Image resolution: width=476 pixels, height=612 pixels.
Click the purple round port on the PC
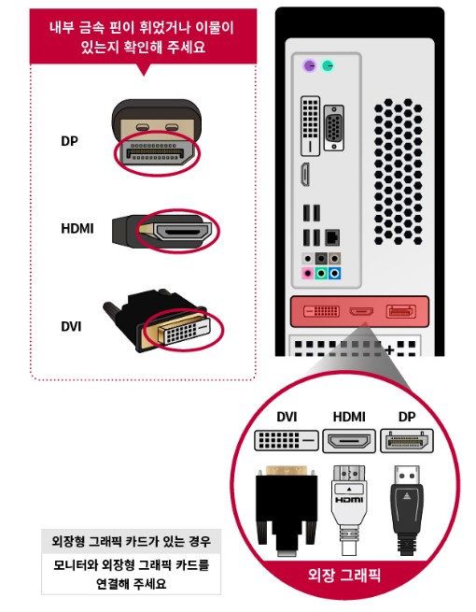(310, 65)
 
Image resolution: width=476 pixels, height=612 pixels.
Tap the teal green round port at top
(329, 65)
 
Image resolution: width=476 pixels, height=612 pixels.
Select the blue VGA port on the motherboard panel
(333, 128)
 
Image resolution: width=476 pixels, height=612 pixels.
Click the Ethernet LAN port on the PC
(332, 237)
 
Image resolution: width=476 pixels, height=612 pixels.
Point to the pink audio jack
(308, 273)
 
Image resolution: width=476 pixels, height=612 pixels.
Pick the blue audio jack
(334, 273)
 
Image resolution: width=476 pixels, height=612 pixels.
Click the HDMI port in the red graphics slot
(361, 311)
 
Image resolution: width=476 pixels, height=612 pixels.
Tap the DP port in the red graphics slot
(400, 311)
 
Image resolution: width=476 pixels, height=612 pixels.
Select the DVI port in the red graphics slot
(322, 311)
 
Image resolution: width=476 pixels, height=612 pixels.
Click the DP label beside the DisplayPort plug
(69, 141)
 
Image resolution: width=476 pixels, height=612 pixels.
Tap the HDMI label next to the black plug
(77, 228)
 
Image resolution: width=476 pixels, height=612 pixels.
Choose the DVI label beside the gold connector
(71, 326)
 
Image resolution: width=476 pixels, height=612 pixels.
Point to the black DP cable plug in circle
(407, 509)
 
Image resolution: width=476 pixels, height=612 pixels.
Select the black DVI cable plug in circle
(287, 509)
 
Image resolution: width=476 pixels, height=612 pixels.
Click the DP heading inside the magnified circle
(407, 417)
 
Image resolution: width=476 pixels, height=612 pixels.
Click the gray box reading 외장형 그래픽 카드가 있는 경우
(131, 541)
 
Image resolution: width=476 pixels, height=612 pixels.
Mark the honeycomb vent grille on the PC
(398, 172)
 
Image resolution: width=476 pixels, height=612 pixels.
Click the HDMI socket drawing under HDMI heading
(349, 441)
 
